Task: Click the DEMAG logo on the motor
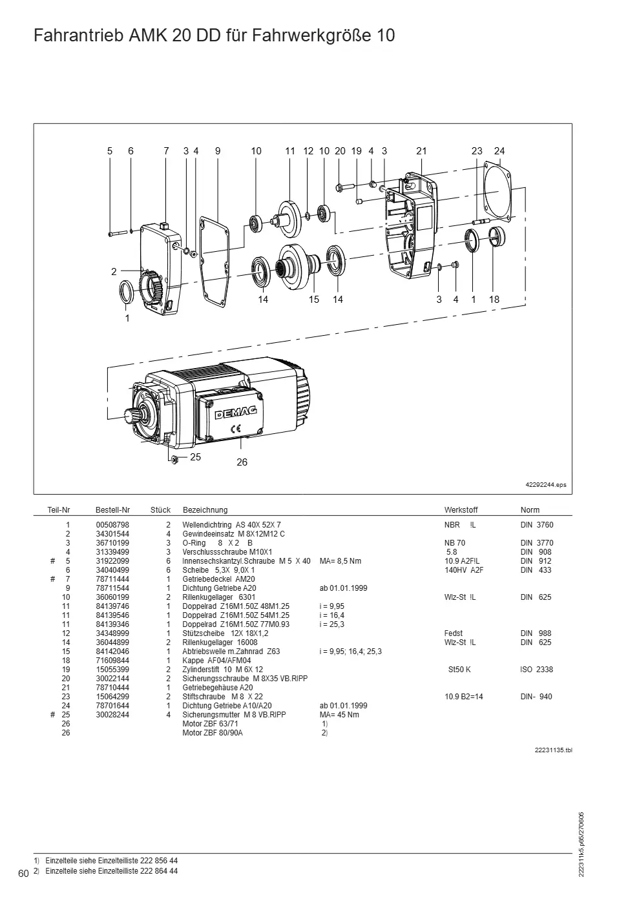point(235,413)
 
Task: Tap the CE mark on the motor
point(235,429)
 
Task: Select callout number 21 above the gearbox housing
point(421,151)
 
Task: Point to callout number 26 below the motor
point(242,462)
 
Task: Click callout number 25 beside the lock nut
point(196,457)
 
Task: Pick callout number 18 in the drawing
point(494,300)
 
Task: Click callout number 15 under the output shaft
point(314,300)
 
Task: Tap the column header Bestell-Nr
point(112,509)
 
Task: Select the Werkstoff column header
point(461,509)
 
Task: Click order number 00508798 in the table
point(112,524)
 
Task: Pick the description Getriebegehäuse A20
point(217,687)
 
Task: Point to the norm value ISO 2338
point(536,669)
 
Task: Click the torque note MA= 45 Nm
point(339,714)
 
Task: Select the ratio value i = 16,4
point(331,615)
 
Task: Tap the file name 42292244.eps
point(546,485)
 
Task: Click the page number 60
point(23,874)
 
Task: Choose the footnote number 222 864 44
point(159,871)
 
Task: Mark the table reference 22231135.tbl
point(553,750)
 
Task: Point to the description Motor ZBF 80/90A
point(213,732)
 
